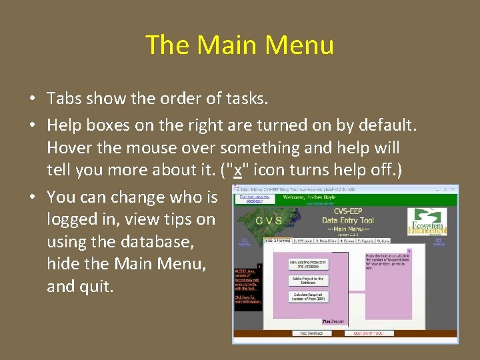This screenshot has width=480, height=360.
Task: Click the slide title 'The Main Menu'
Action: pos(239,45)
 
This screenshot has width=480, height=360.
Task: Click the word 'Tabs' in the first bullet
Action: pos(63,99)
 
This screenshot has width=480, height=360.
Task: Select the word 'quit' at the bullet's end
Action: pos(97,287)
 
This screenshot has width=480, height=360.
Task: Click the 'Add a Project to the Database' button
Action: pos(308,281)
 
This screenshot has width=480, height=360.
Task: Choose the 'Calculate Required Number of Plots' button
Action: pos(308,297)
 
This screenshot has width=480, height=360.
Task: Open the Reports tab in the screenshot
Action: pos(365,241)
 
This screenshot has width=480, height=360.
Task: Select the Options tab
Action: pos(383,241)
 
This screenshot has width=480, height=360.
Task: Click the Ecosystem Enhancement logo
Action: pos(427,221)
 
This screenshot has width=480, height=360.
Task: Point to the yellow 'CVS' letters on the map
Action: pos(269,220)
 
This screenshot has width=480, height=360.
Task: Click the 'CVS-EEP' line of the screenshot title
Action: pos(347,210)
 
